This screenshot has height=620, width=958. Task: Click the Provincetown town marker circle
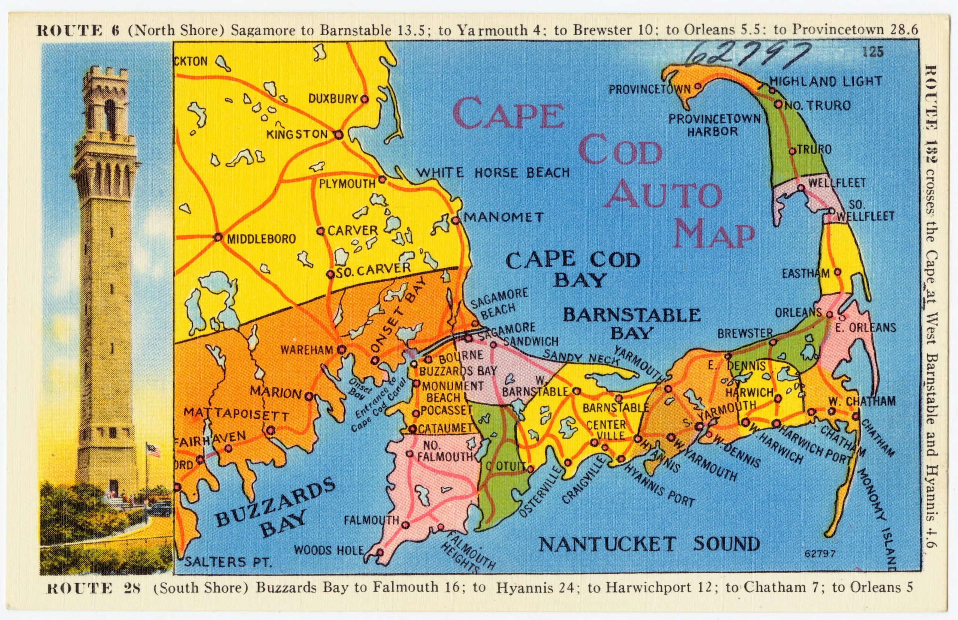pyautogui.click(x=698, y=86)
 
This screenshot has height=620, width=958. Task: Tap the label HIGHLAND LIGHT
pyautogui.click(x=825, y=82)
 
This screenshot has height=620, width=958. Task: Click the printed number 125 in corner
pyautogui.click(x=873, y=52)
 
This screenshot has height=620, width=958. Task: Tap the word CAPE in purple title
pyautogui.click(x=508, y=114)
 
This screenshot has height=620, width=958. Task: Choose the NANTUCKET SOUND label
pyautogui.click(x=649, y=545)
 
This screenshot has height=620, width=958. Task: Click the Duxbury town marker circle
pyautogui.click(x=364, y=98)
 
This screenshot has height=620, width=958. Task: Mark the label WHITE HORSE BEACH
pyautogui.click(x=492, y=173)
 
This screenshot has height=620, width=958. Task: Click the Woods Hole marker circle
pyautogui.click(x=379, y=552)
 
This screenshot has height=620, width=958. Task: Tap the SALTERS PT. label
pyautogui.click(x=228, y=562)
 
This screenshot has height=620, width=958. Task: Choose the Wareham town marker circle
pyautogui.click(x=342, y=349)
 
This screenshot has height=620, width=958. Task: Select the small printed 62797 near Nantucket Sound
pyautogui.click(x=820, y=554)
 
